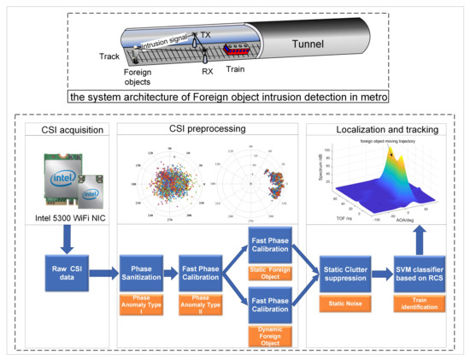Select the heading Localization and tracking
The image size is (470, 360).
(x=378, y=130)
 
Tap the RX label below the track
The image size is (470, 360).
(x=207, y=73)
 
